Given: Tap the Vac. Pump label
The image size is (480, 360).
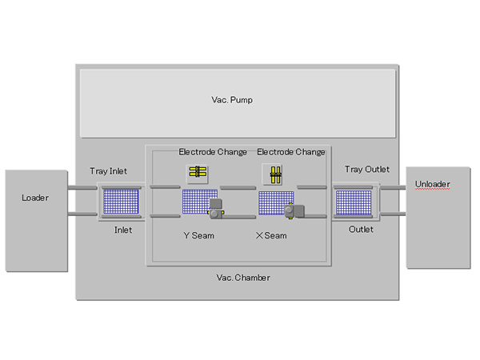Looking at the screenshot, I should click(238, 100).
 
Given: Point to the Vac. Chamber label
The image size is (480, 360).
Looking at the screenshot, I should click(243, 278).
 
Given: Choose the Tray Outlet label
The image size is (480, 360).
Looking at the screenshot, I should click(366, 169).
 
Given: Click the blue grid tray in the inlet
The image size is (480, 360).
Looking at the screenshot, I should click(121, 201).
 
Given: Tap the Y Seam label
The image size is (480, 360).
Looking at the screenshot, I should click(198, 235).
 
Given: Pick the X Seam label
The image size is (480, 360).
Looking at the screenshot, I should click(270, 235).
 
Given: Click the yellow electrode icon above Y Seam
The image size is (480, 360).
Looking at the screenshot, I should click(197, 171).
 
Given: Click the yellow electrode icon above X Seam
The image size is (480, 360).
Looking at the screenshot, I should click(272, 173).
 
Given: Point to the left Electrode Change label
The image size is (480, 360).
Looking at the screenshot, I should click(213, 151).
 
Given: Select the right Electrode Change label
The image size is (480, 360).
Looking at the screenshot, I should click(290, 151).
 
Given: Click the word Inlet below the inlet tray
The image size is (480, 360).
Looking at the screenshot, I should click(123, 230).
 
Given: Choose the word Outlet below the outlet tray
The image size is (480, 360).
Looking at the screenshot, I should click(361, 230).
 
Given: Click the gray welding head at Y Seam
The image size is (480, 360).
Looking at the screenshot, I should click(214, 209).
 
